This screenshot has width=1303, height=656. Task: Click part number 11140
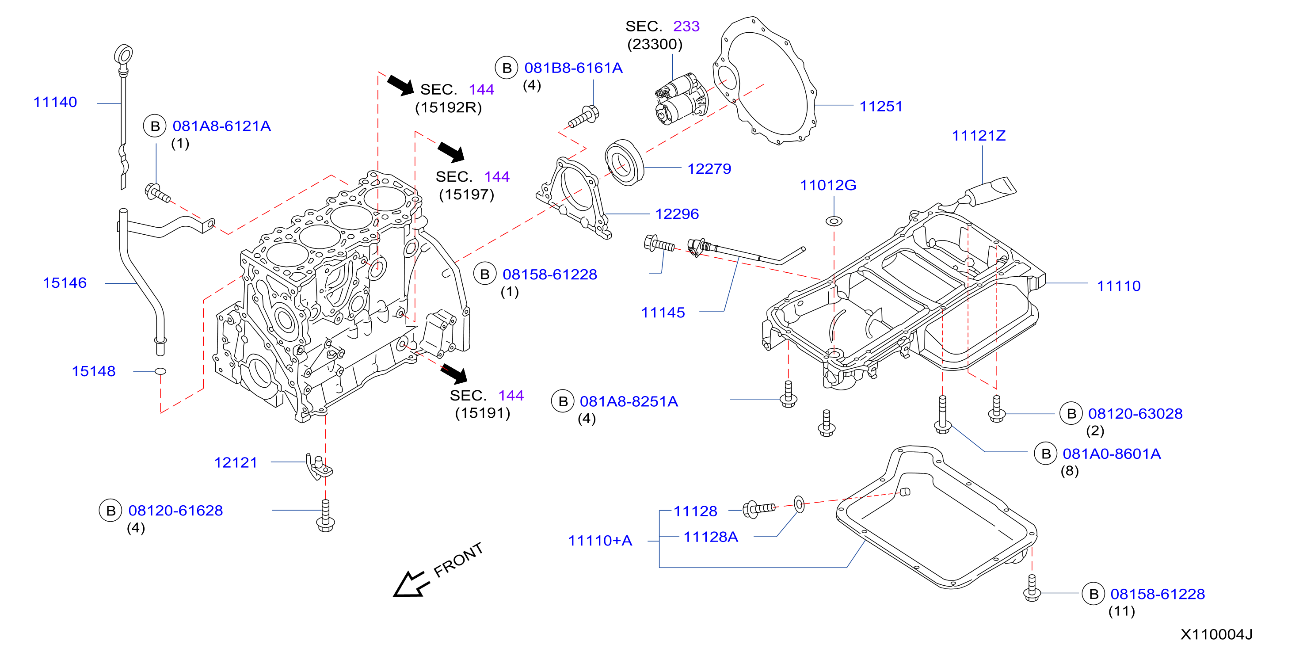pos(55,102)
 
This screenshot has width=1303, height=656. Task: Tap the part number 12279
pos(709,169)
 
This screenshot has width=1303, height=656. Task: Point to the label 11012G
pos(828,186)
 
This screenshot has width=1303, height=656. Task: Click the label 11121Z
pos(978,136)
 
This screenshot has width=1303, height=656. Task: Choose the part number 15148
pos(94,372)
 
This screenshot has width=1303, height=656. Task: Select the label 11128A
pos(711,537)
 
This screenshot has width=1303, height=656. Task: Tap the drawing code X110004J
pos(1216,635)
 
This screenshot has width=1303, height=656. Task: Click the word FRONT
pos(458,560)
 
